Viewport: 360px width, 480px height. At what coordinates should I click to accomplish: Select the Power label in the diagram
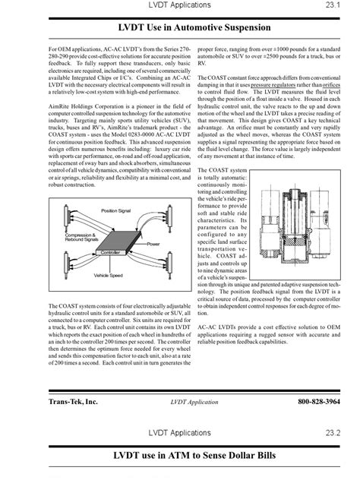[x=153, y=245]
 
